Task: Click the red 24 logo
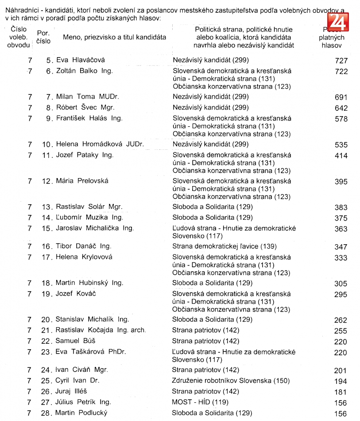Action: [x=338, y=21]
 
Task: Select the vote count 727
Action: [x=341, y=61]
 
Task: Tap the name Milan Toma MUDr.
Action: [x=87, y=97]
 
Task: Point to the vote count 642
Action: [x=341, y=108]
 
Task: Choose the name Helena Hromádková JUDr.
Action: [x=100, y=144]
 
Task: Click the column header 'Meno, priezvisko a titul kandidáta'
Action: [x=114, y=37]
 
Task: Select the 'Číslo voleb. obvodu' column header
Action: [x=19, y=37]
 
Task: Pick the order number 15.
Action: [x=47, y=228]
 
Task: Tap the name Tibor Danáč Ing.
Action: [x=83, y=246]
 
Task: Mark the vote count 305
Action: [x=341, y=284]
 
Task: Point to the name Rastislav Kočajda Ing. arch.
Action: [x=101, y=330]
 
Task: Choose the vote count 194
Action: [x=341, y=382]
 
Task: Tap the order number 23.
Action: [x=47, y=352]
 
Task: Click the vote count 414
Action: [x=341, y=156]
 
